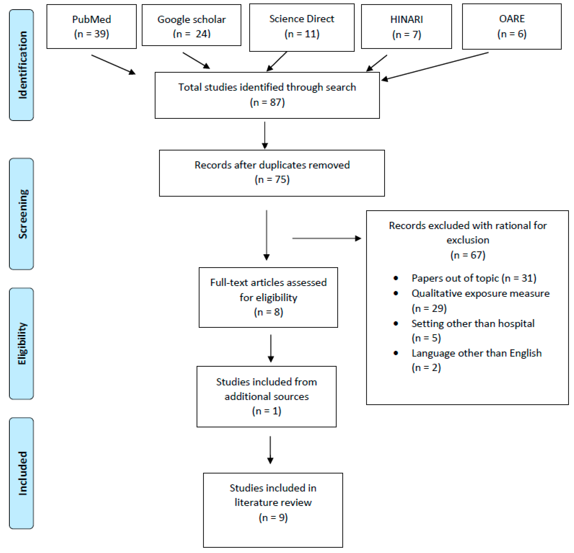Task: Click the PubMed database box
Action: pyautogui.click(x=91, y=26)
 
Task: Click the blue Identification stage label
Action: pyautogui.click(x=21, y=65)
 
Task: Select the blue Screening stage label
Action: pyautogui.click(x=21, y=214)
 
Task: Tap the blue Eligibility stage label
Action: pyautogui.click(x=21, y=343)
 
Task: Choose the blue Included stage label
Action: pyautogui.click(x=21, y=473)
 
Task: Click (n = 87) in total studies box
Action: pyautogui.click(x=267, y=102)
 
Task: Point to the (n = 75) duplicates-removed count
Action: pyautogui.click(x=272, y=179)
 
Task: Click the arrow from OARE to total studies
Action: pyautogui.click(x=435, y=66)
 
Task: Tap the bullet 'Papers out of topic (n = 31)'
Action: pyautogui.click(x=474, y=278)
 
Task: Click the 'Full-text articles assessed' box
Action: pyautogui.click(x=268, y=297)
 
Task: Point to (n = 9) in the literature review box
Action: pyautogui.click(x=273, y=517)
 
